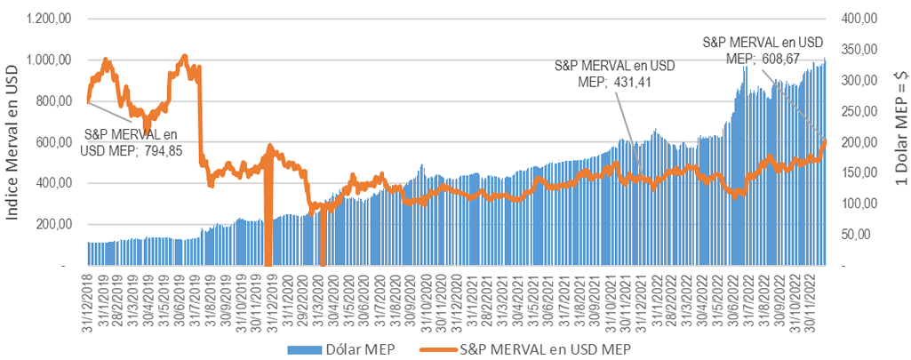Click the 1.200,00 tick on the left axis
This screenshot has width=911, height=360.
tap(45, 19)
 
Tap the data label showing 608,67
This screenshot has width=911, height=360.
tap(762, 50)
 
